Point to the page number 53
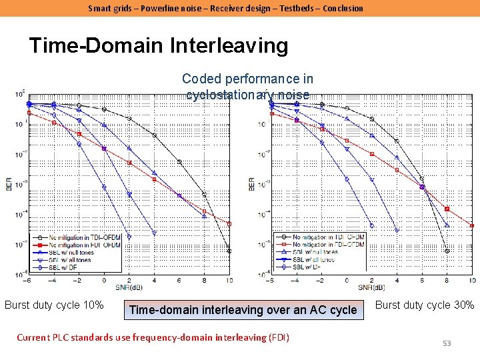[x=447, y=343]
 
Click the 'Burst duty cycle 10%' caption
[x=54, y=305]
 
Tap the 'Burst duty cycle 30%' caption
[x=425, y=305]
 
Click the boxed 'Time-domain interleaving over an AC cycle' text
[x=243, y=309]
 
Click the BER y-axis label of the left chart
[x=9, y=183]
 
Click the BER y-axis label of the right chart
[x=252, y=183]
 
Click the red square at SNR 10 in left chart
[x=229, y=224]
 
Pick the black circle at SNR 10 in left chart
[x=229, y=251]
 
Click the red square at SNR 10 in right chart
[x=472, y=225]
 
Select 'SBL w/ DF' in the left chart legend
[x=67, y=266]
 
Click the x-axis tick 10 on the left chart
[x=229, y=281]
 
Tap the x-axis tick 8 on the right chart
[x=447, y=281]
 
